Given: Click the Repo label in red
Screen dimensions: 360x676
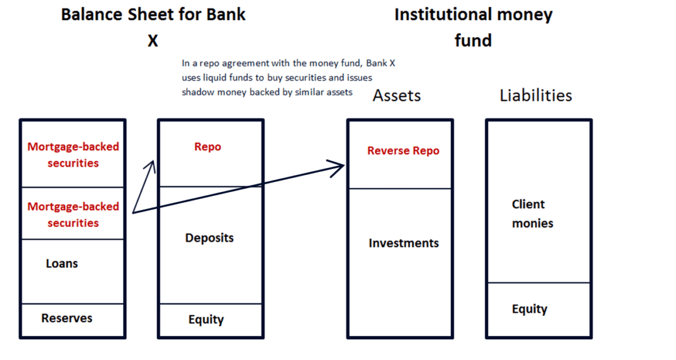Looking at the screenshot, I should point(208,147).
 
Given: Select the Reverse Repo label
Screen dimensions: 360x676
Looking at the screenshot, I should point(403,151).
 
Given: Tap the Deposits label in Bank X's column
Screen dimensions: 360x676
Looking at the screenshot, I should point(209,238).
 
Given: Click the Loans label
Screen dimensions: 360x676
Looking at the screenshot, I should point(62,264).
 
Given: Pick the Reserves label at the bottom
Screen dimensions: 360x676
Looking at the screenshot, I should point(66,318).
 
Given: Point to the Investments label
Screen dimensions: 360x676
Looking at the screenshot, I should point(403,243).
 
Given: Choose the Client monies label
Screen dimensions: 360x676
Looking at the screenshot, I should point(532,214).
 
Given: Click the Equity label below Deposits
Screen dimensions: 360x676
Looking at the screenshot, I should point(206,320).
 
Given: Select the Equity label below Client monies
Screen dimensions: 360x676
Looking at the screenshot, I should point(530,309).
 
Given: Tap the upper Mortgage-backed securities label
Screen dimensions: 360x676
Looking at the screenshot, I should point(73,155).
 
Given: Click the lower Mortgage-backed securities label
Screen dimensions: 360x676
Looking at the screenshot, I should point(73,215).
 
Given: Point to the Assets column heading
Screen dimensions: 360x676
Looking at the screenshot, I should point(397,96).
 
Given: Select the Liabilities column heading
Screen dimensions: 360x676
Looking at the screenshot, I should point(536,96).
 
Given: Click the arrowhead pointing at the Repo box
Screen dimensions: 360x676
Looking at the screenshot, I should point(151,166).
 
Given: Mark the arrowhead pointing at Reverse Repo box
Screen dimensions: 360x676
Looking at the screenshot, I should point(339,166).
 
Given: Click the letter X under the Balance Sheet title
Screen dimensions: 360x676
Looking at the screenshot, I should point(153,41).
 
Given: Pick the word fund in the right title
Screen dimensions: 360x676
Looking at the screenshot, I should point(473,41).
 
